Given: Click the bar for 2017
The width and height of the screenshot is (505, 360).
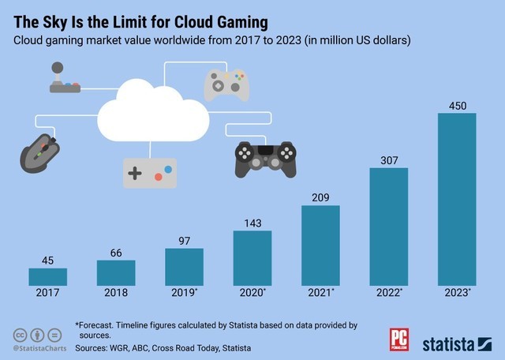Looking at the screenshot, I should pos(47,276).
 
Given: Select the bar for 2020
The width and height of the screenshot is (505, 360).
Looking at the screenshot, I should pos(252,257).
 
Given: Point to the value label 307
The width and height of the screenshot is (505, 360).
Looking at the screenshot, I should pos(388,159).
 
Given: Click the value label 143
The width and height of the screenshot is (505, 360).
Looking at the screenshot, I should pos(252,223).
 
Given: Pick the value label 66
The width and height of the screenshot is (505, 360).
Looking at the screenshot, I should pos(115,253).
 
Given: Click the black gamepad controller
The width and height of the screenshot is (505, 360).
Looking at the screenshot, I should pos(267,157).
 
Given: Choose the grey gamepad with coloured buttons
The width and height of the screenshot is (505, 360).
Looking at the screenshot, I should pos(227,84).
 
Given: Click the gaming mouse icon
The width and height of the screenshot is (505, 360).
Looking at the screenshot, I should pos(40,153).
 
